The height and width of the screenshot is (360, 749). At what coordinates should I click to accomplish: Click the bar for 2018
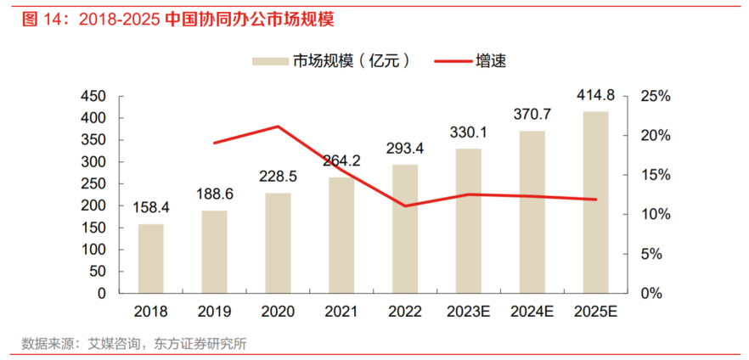click(x=150, y=258)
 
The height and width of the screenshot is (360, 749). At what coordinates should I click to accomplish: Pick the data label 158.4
click(x=151, y=207)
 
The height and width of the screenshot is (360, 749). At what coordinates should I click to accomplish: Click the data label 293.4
click(x=405, y=148)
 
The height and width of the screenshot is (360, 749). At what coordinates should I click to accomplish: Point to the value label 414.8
click(x=595, y=95)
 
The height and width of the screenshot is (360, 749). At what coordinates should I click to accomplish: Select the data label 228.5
click(x=278, y=177)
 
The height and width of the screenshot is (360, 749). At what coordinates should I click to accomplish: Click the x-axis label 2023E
click(x=469, y=312)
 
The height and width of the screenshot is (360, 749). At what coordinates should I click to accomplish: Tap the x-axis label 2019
click(x=214, y=312)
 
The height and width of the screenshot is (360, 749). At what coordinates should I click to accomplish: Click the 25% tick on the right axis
click(x=656, y=96)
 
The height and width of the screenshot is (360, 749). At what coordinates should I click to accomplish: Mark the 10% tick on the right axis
click(x=656, y=214)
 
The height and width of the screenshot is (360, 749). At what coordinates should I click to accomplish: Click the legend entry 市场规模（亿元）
click(x=331, y=60)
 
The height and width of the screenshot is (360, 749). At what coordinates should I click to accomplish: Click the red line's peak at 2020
click(x=278, y=127)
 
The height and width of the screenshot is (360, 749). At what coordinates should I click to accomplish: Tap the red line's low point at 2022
click(x=405, y=205)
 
